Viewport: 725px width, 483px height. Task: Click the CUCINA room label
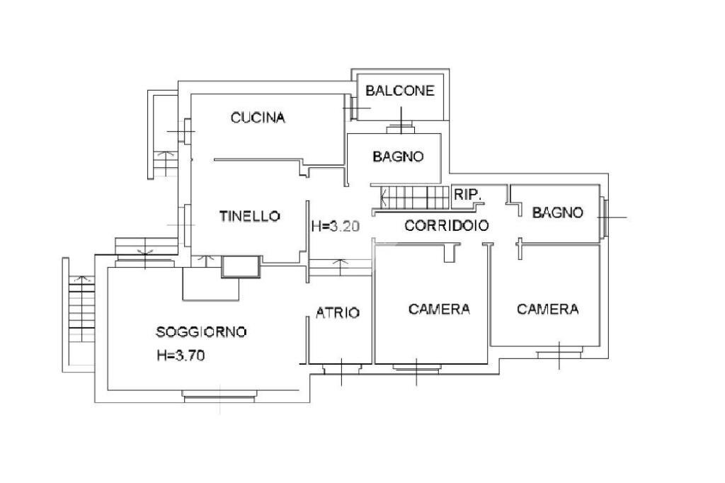coord(258,118)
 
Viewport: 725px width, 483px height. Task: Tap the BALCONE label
coord(399,91)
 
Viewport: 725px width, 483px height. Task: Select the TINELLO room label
coord(249,217)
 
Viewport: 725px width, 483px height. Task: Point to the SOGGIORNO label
coord(201,331)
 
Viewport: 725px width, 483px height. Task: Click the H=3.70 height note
coord(181,356)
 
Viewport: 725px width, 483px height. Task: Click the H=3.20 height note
coord(336,227)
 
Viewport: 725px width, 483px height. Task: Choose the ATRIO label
coord(338,312)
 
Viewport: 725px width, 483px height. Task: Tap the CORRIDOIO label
coord(447,226)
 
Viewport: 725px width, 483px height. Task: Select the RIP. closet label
coord(468,194)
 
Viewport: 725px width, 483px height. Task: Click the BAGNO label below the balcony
coord(398,157)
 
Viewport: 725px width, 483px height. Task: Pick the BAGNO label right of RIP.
coord(558,212)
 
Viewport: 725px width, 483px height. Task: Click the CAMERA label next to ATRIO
coord(440,309)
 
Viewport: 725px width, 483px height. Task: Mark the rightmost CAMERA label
coord(547,309)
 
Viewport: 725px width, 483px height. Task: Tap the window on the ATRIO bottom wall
coord(341,368)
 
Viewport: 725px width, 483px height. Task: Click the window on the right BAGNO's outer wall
coord(603,216)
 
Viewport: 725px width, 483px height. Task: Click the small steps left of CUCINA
coord(164,164)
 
